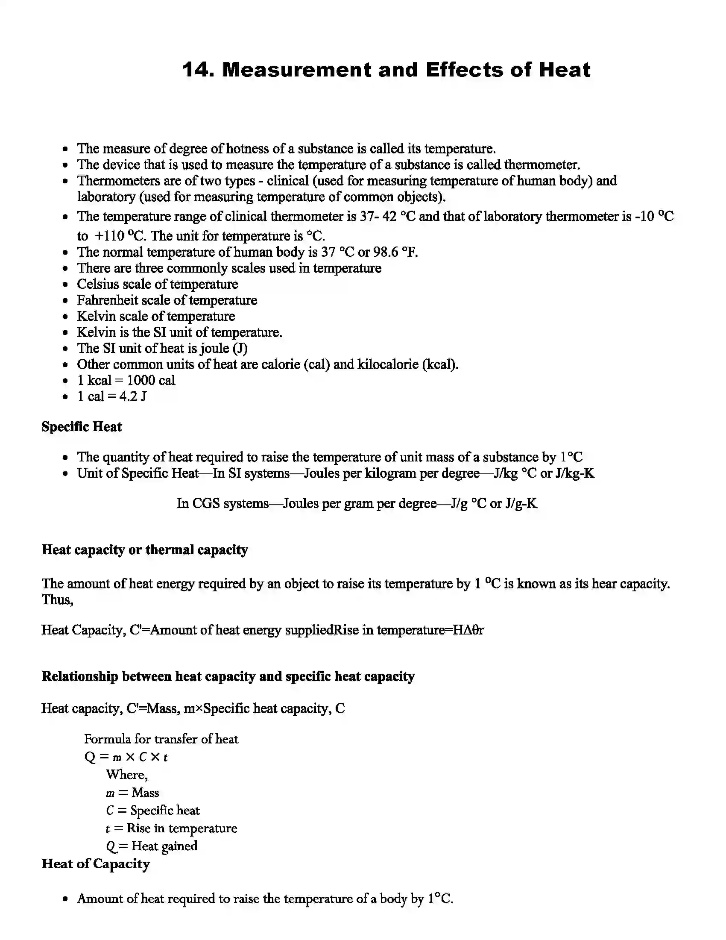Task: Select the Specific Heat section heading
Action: pos(82,427)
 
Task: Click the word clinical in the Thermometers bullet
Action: pos(288,181)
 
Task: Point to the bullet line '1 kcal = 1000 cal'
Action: pos(126,380)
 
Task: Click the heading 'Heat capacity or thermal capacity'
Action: pos(144,550)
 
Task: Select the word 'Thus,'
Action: pos(57,600)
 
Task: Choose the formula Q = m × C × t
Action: pos(126,757)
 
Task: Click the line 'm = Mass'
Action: pos(132,793)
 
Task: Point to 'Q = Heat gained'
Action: pos(152,846)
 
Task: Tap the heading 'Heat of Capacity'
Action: pos(96,864)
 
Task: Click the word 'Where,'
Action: pos(127,775)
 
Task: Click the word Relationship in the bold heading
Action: pos(79,677)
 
